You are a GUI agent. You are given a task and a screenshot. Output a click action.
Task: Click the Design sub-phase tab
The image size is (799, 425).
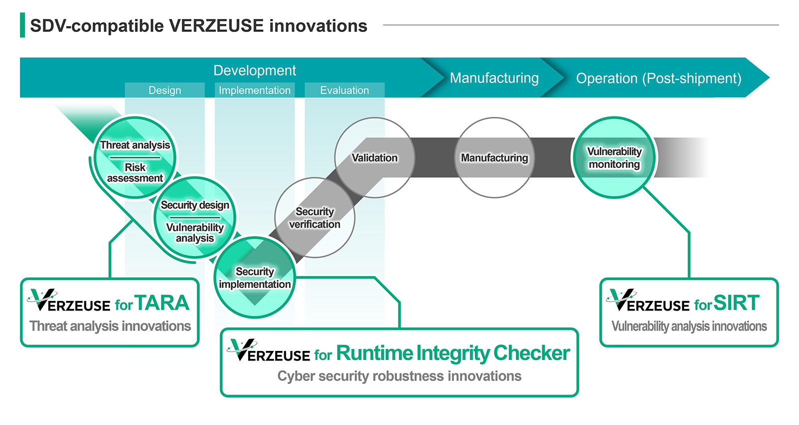coord(165,90)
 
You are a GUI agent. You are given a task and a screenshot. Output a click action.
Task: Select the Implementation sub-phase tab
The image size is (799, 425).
coord(255,90)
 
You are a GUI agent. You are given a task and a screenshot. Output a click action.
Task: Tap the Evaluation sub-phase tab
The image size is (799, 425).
coord(345,90)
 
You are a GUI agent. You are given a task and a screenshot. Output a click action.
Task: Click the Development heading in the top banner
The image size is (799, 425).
coord(255,70)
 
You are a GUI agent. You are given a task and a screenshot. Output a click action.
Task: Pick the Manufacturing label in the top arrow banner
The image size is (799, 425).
coord(494,78)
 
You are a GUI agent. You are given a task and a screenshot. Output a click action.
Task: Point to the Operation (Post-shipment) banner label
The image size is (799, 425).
coord(658,78)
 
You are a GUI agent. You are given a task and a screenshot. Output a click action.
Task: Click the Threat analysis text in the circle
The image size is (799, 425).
coord(135,145)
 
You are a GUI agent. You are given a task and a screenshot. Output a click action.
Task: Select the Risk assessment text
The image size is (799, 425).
coord(135,172)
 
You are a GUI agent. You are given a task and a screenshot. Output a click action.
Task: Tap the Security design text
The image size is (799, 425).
coord(195,205)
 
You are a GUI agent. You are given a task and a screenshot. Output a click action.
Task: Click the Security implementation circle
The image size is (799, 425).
coord(255,278)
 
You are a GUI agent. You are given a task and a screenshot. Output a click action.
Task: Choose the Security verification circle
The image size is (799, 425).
coord(315,218)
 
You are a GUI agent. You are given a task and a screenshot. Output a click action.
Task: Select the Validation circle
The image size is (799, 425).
coord(375,158)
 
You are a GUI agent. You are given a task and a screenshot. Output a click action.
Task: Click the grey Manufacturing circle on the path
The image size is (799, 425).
coord(494,158)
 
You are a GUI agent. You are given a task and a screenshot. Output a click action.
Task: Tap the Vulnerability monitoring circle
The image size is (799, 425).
coord(614,158)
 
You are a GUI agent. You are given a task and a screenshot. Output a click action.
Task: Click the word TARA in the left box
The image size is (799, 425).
coord(162,303)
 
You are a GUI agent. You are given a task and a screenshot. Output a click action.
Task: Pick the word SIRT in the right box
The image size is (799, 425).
coord(736,303)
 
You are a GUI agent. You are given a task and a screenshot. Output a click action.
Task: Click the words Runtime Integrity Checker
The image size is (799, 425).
coord(452,353)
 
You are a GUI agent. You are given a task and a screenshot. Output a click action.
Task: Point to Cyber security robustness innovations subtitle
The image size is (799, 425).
coord(399,376)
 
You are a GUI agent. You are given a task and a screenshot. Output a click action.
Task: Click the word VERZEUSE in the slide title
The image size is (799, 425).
coord(216,26)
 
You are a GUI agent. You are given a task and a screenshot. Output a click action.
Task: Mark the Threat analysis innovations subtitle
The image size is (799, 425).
coord(110,326)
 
